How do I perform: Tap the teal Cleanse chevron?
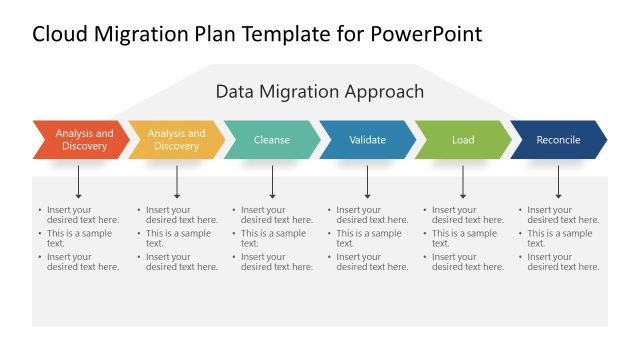coord(272,140)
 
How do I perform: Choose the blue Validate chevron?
coord(367,140)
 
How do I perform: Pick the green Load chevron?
coord(463,140)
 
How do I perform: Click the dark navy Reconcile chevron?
coord(558,140)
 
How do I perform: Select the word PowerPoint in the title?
coord(427,34)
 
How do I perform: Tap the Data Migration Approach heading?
coord(320,92)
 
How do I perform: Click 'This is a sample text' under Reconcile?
coord(559,238)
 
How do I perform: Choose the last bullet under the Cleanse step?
coord(277,262)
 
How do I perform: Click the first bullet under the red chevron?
coord(82,215)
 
